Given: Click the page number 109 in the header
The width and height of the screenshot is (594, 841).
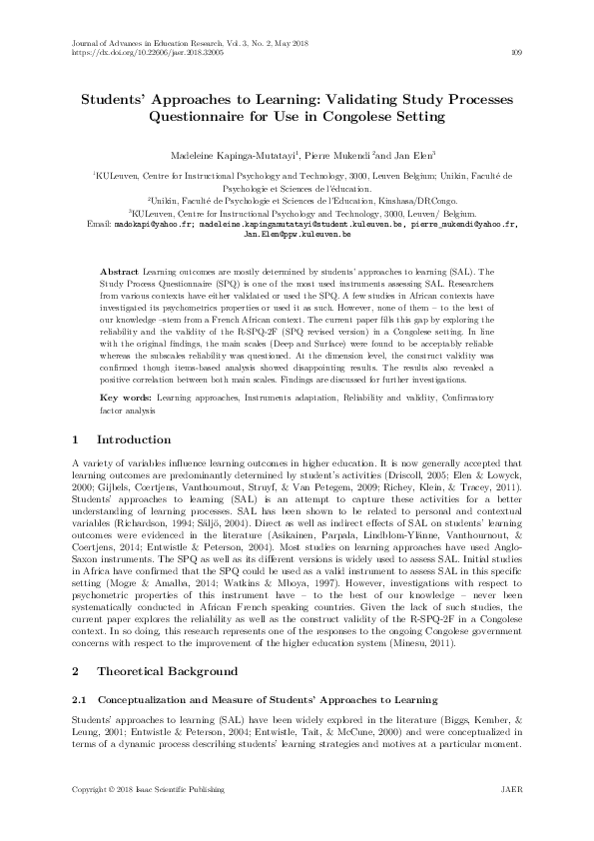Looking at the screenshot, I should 515,53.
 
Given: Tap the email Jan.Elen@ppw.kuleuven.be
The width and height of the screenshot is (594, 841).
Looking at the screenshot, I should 297,235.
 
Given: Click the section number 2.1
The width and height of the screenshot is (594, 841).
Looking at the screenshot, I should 83,701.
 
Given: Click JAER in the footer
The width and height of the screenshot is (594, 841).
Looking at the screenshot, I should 509,818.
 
